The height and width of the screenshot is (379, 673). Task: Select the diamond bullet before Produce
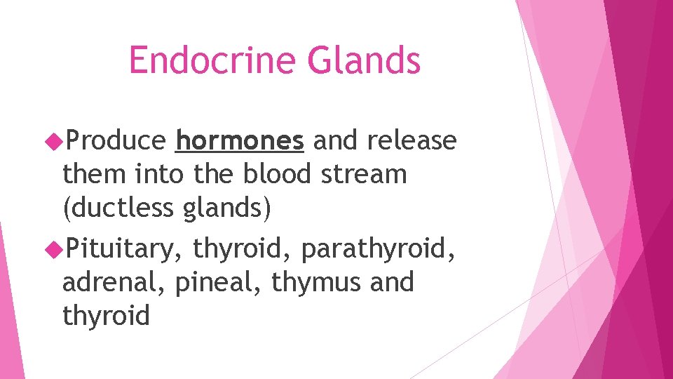(x=54, y=142)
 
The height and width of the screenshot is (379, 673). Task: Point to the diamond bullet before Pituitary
(x=54, y=248)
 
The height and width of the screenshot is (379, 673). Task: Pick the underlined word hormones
(x=240, y=142)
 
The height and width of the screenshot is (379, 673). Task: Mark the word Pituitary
(x=123, y=248)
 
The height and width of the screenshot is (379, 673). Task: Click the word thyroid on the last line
(x=106, y=316)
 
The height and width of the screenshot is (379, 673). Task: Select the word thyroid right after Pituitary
(x=236, y=248)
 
